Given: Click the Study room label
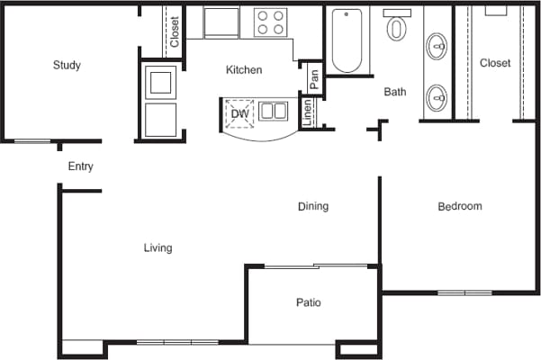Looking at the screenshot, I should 67,65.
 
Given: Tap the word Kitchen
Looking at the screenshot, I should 243,69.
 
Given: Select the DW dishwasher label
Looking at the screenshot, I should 239,113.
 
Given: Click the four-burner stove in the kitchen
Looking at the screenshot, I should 271,22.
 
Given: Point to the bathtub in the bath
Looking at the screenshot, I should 347,40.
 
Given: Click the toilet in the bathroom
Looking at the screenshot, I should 396,27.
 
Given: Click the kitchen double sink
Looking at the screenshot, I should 273,112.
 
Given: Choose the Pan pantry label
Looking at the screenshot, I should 314,79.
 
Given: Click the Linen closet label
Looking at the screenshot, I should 308,112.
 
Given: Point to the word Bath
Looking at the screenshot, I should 395,92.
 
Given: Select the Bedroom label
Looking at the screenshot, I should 459,206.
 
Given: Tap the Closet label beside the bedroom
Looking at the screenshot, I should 495,63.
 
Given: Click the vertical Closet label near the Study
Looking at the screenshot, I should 174,31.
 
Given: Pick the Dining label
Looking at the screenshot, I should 313,206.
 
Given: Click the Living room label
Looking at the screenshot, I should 158,247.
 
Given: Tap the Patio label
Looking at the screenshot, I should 308,302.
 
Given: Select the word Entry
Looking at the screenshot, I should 81,166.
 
